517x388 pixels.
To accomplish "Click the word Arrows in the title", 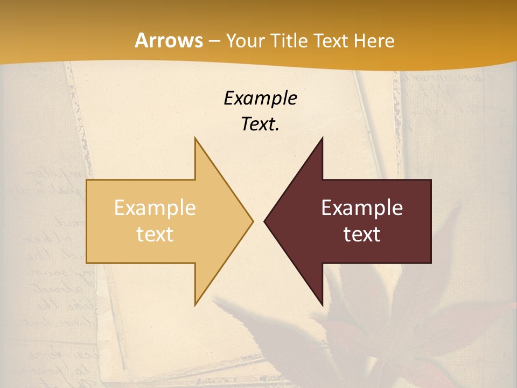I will pos(169,40).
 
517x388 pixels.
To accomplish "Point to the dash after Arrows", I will pos(214,41).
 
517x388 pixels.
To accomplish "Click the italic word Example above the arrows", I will pos(260,99).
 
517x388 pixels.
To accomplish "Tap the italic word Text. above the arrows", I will pos(260,124).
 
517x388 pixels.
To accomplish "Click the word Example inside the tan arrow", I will pos(155,208).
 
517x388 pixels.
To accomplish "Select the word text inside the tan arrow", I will pos(155,234).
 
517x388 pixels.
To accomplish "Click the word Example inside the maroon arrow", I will pos(362,208).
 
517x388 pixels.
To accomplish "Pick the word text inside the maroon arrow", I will pos(362,234).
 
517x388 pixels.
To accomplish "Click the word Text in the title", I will pos(331,41).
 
